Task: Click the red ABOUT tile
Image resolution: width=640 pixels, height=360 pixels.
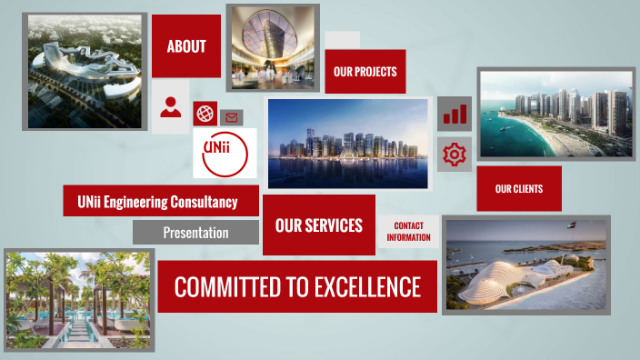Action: (186, 46)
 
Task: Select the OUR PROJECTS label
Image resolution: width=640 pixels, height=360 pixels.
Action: (365, 71)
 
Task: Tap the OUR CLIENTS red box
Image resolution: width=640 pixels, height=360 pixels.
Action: (518, 189)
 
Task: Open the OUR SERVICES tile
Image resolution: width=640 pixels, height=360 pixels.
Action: (318, 225)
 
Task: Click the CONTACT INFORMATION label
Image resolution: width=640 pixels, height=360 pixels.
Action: (408, 232)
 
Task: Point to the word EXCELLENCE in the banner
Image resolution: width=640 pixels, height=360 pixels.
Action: (367, 287)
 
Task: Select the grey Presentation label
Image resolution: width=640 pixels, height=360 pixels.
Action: (195, 233)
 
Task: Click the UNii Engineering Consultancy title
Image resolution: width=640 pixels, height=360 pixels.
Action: (157, 201)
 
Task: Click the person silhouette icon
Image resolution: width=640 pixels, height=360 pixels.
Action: (170, 107)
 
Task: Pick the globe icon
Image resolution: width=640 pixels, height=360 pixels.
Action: (205, 114)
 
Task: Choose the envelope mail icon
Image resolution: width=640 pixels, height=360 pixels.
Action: (231, 117)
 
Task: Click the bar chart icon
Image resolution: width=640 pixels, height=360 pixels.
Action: (454, 114)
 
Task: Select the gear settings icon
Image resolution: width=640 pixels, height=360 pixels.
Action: (454, 155)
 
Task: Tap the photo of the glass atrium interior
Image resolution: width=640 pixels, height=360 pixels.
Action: (272, 47)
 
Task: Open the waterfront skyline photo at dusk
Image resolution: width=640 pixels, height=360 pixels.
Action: (347, 144)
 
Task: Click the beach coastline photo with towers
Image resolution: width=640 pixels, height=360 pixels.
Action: (555, 114)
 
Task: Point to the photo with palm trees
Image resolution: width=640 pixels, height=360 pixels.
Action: (79, 299)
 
